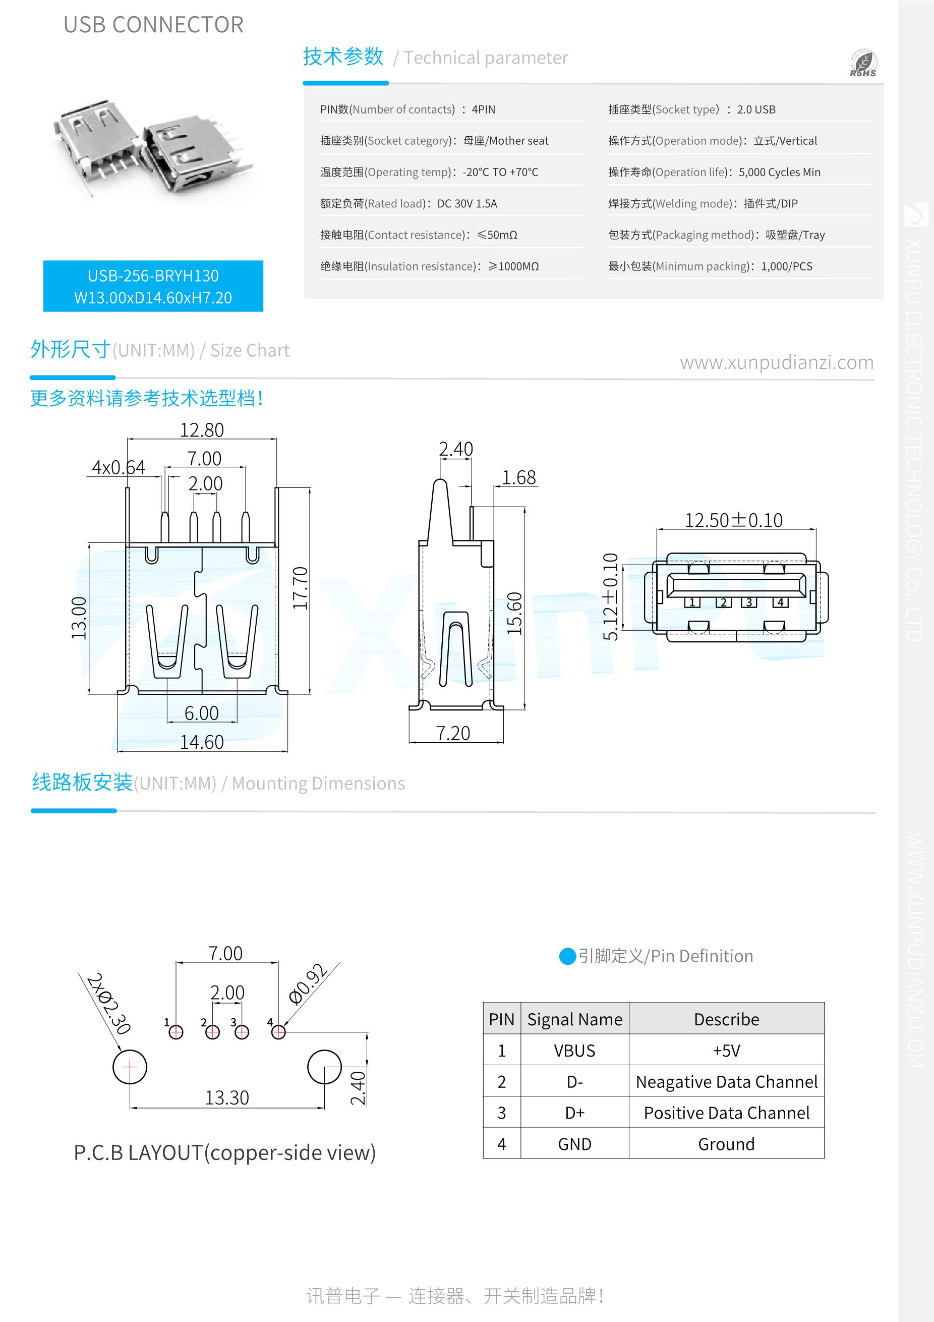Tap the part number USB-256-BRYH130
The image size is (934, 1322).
click(x=153, y=276)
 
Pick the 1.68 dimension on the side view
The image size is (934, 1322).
click(x=518, y=477)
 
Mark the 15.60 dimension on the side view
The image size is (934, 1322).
click(x=514, y=613)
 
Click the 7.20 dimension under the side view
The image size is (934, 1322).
click(x=453, y=733)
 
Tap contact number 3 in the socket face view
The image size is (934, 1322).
click(x=749, y=602)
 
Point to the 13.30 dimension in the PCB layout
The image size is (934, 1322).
click(x=227, y=1097)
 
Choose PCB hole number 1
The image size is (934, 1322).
click(x=176, y=1032)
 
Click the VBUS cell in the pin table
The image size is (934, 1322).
click(x=574, y=1051)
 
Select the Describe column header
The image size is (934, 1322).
click(x=726, y=1019)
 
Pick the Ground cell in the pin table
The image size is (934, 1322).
click(x=726, y=1143)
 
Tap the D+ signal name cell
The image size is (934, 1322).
click(x=574, y=1113)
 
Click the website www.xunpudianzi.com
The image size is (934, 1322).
click(x=776, y=363)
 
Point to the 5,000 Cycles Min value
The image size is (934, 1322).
click(x=779, y=172)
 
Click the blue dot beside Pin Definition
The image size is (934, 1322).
click(x=567, y=956)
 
